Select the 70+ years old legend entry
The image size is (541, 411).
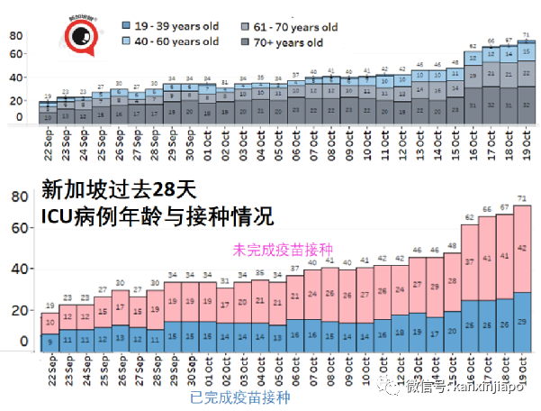pos(284,42)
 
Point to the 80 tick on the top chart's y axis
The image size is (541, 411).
pos(15,36)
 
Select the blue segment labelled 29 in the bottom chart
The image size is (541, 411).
pos(523,322)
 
